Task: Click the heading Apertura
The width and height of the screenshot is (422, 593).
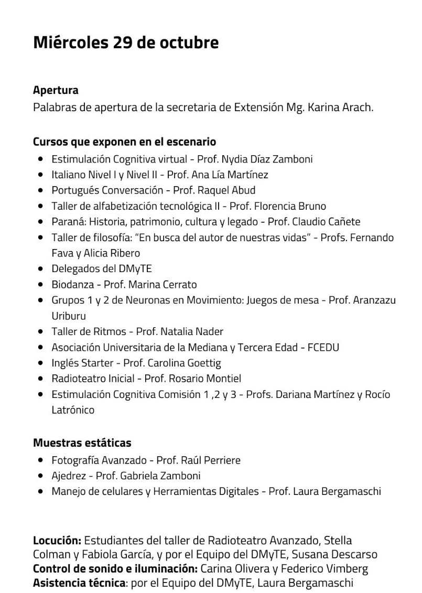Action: click(x=56, y=90)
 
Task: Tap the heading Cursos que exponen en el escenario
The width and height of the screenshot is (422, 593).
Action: click(x=124, y=142)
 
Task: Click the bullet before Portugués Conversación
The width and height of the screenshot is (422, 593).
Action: click(x=40, y=190)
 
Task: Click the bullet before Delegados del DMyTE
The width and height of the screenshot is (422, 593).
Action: click(x=40, y=269)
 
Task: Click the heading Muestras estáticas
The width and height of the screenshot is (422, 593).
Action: click(x=82, y=443)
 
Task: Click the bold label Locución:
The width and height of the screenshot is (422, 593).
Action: click(x=57, y=540)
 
